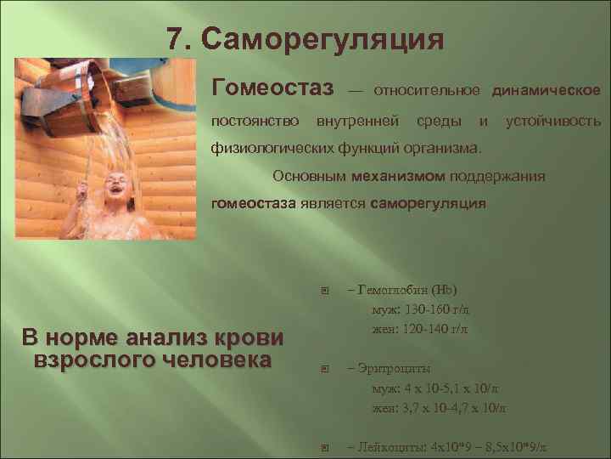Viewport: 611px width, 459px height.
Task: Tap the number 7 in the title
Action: click(174, 39)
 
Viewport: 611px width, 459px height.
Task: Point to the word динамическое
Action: click(547, 89)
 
